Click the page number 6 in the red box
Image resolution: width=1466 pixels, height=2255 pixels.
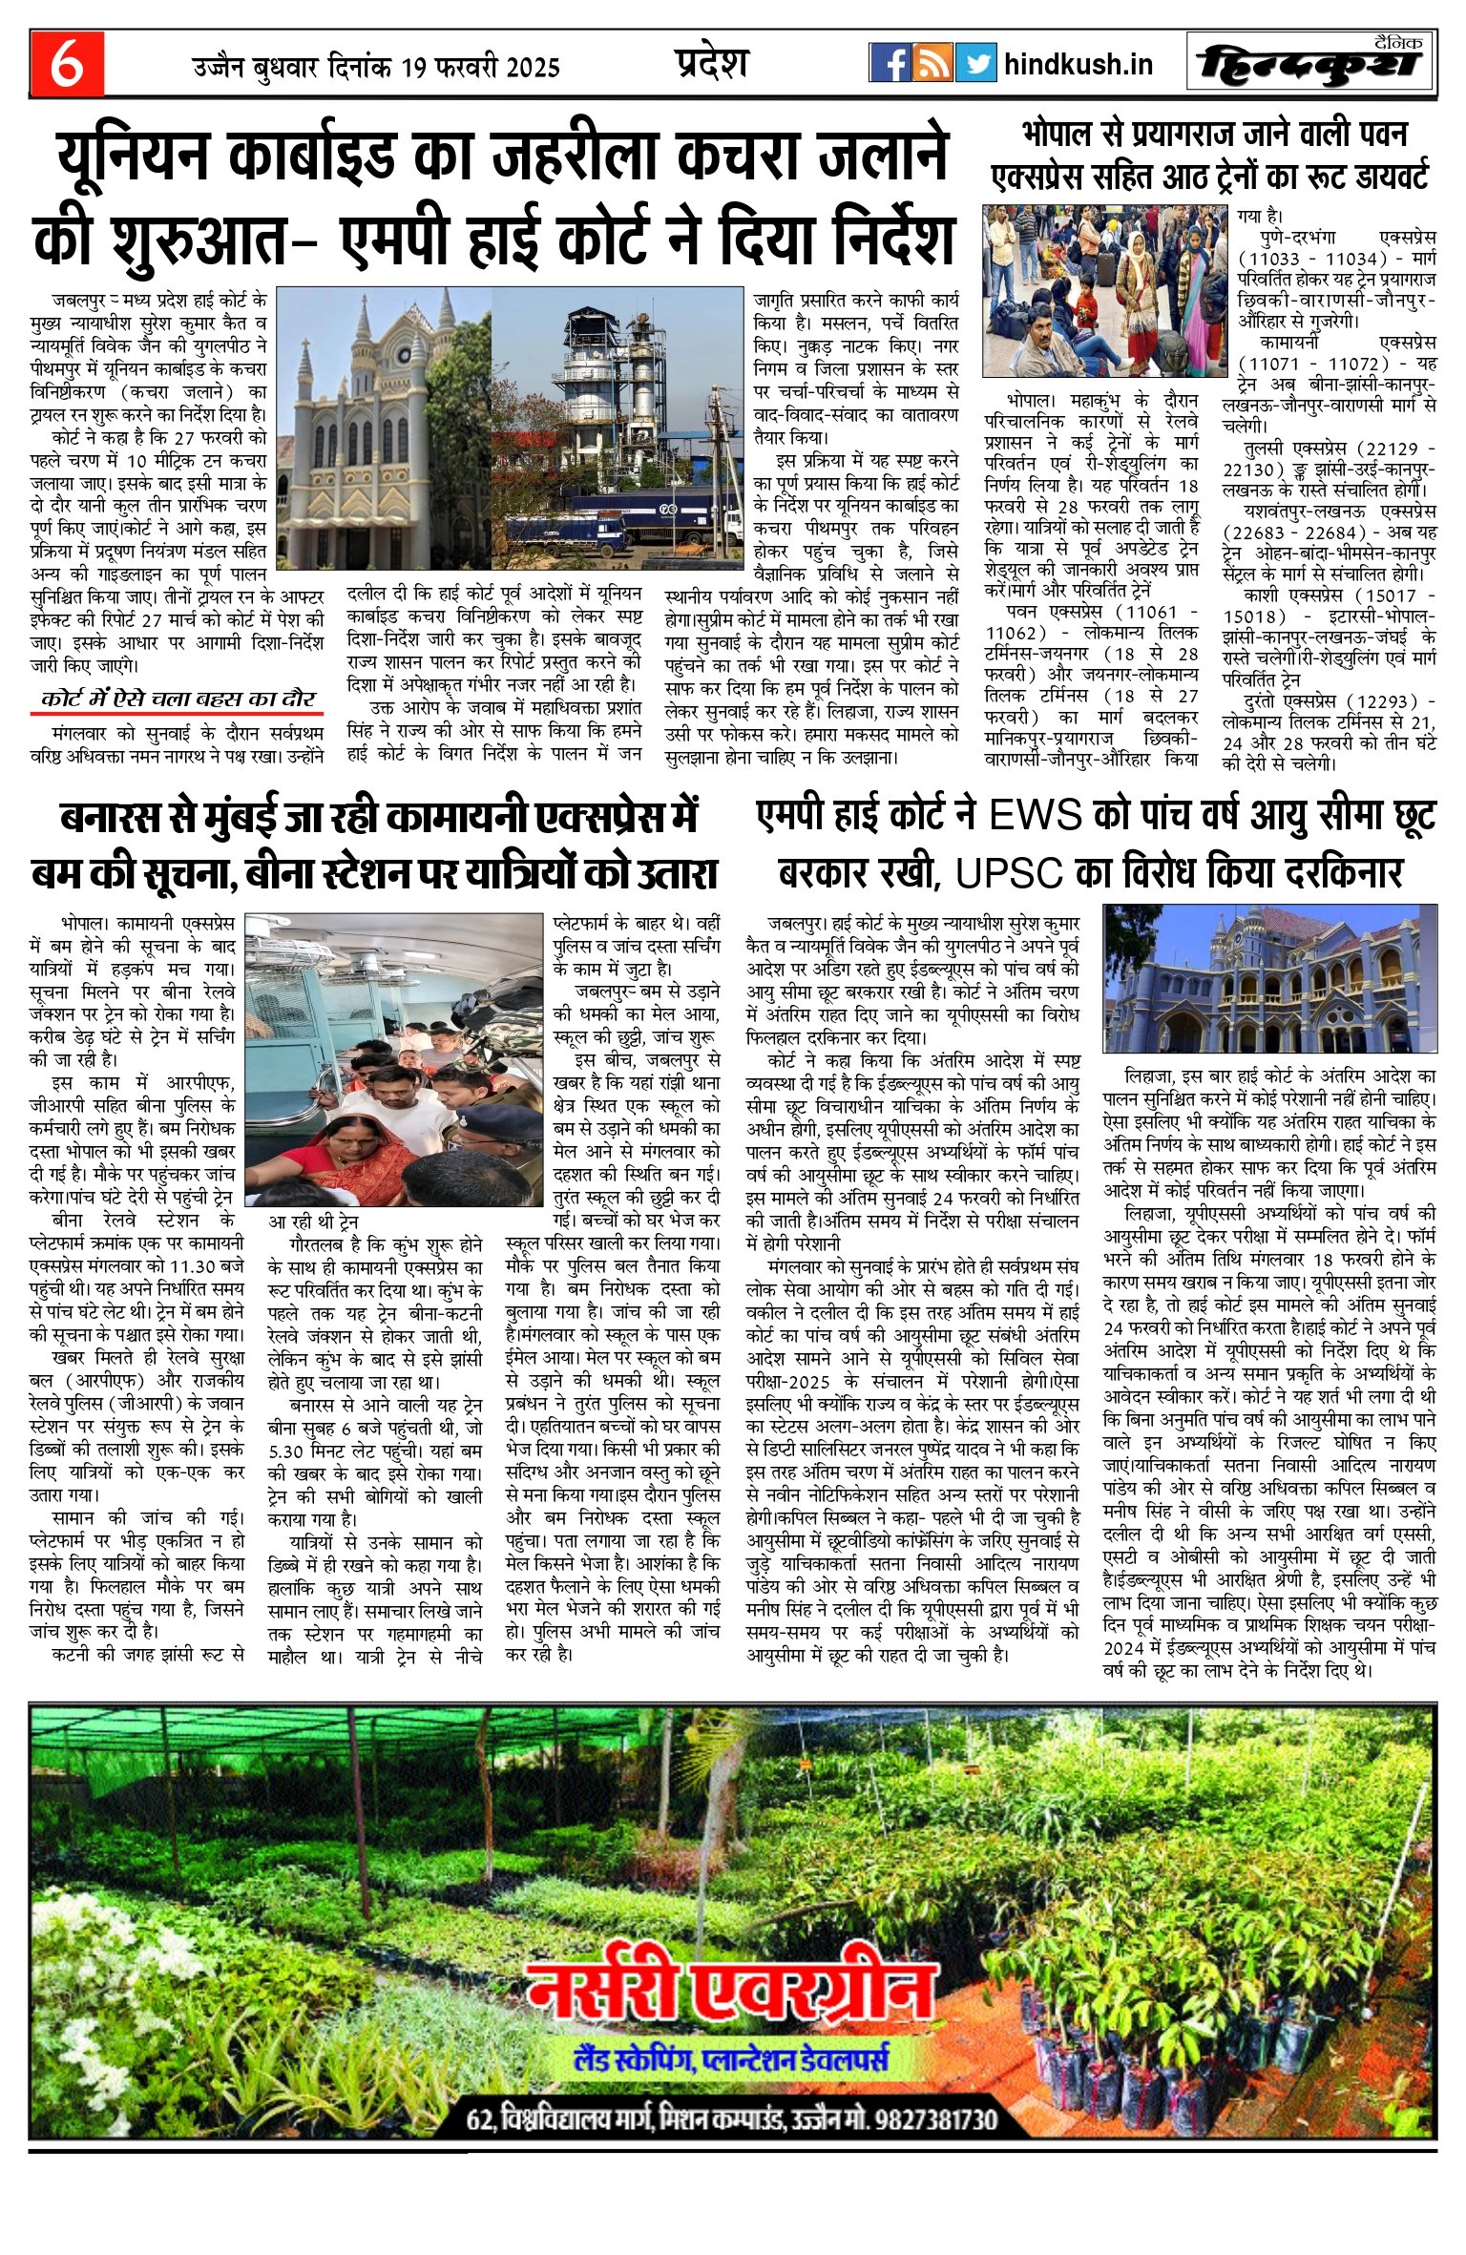(66, 64)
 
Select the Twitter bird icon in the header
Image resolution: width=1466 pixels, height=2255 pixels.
(975, 63)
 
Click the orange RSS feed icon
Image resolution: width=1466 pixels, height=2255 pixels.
(932, 63)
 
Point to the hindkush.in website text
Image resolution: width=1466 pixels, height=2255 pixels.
(1079, 65)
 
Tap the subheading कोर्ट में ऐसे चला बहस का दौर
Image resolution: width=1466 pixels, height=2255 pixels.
(178, 699)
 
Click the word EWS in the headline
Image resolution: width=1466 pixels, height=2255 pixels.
(1035, 817)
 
